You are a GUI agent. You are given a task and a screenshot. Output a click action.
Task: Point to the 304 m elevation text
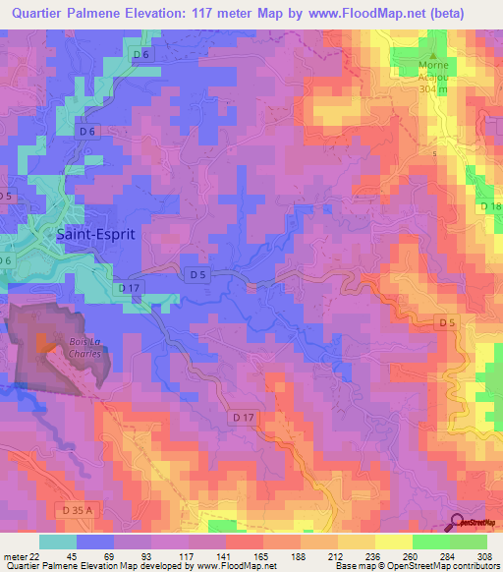coord(429,88)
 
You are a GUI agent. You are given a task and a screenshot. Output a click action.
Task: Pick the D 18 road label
coord(491,206)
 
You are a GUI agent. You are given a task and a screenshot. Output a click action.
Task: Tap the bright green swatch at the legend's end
coord(469,542)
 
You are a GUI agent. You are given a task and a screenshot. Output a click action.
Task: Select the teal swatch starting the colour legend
coord(57,542)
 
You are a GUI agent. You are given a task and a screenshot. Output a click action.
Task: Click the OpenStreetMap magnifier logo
coord(458,522)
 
